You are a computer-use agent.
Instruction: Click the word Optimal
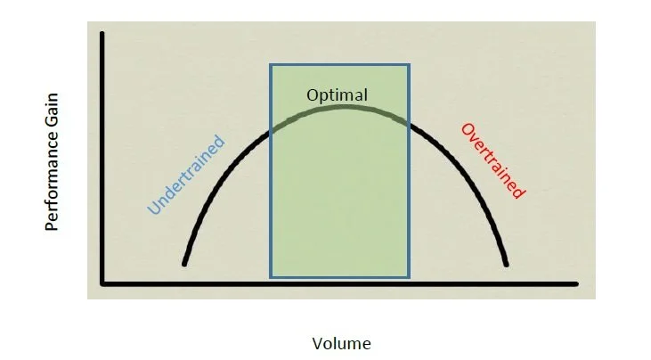[337, 94]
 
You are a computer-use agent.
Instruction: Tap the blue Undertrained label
[186, 176]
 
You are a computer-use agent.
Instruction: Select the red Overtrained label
[492, 160]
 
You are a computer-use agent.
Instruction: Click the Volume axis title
[341, 343]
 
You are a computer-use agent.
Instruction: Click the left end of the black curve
[184, 264]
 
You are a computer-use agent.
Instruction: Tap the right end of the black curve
[507, 265]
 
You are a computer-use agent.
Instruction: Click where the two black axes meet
[103, 283]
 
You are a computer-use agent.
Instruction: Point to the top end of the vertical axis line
[103, 34]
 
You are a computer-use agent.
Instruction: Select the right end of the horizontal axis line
[577, 283]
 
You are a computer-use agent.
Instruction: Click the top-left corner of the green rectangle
[271, 65]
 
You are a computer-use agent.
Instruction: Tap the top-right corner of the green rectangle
[409, 65]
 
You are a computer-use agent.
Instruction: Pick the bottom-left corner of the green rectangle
[271, 276]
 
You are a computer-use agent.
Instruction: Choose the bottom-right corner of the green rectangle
[409, 276]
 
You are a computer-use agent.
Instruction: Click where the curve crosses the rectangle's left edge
[271, 131]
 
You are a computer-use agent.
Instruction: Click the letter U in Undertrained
[153, 209]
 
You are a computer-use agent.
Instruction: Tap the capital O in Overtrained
[466, 129]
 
